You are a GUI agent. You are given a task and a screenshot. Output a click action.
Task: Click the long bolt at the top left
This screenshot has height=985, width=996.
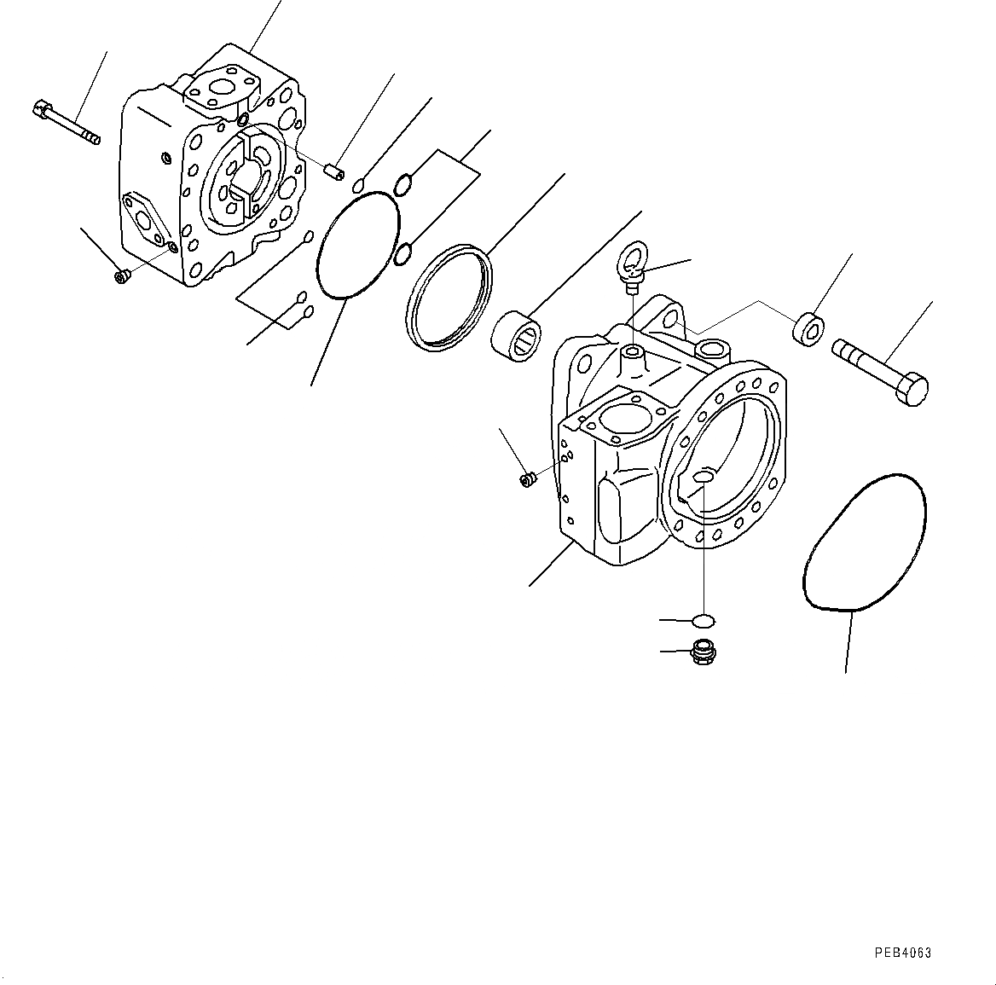pyautogui.click(x=67, y=123)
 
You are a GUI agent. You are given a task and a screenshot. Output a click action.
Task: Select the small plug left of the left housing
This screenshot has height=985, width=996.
pyautogui.click(x=122, y=275)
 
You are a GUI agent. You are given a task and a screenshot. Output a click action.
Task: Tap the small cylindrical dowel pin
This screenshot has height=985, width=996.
pyautogui.click(x=336, y=172)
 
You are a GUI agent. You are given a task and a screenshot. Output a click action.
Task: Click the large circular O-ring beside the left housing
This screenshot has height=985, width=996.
pyautogui.click(x=358, y=246)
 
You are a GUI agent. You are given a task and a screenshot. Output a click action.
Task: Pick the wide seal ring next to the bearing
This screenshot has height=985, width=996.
pyautogui.click(x=449, y=297)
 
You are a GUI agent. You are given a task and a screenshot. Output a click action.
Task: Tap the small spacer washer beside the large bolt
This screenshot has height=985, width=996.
pyautogui.click(x=809, y=329)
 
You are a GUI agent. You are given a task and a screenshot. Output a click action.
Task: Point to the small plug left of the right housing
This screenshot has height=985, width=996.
pyautogui.click(x=527, y=480)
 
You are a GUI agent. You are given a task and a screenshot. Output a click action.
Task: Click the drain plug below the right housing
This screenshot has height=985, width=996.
pyautogui.click(x=703, y=653)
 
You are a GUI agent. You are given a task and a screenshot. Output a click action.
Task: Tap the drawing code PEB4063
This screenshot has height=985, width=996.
pyautogui.click(x=902, y=953)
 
